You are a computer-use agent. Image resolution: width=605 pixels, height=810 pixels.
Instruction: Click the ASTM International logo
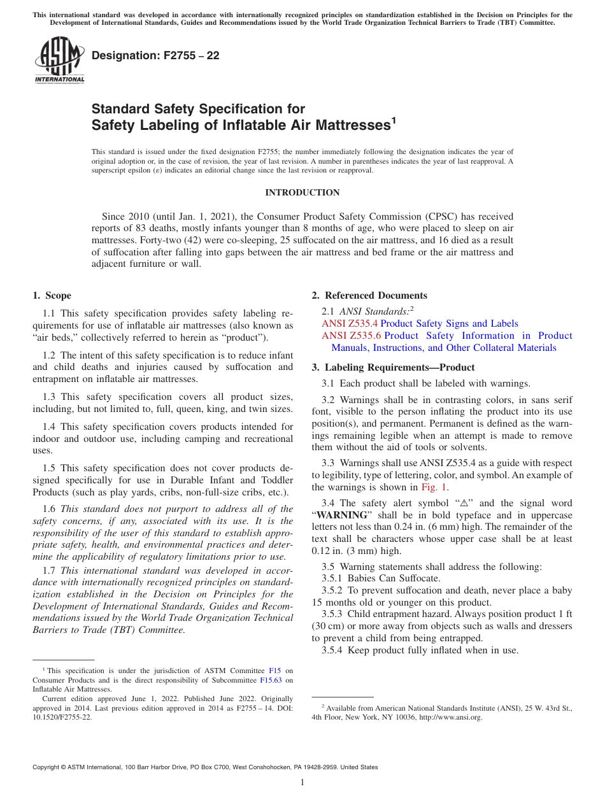[x=59, y=60]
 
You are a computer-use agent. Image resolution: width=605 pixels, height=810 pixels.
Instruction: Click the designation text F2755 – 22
[x=155, y=55]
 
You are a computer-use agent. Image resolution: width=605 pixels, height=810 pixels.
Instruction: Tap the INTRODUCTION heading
[x=302, y=192]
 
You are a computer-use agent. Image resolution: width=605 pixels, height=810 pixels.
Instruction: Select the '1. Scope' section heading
[x=52, y=295]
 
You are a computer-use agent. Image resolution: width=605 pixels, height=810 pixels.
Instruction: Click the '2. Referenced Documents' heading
[x=369, y=295]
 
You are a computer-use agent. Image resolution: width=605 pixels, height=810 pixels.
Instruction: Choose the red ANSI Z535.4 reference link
[x=350, y=323]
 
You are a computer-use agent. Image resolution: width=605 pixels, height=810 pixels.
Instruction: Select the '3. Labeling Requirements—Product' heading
[x=393, y=367]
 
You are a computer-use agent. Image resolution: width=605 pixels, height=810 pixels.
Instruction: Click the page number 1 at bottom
[x=302, y=782]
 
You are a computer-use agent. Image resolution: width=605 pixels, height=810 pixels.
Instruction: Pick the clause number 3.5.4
[x=333, y=650]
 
